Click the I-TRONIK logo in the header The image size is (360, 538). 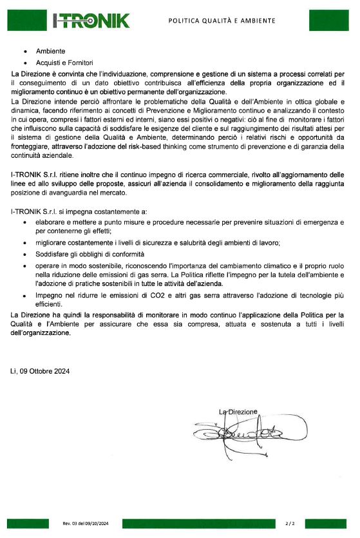pyautogui.click(x=90, y=21)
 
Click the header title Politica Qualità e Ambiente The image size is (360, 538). pyautogui.click(x=222, y=21)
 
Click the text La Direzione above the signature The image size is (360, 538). pyautogui.click(x=238, y=411)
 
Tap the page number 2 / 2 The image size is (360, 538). pyautogui.click(x=290, y=523)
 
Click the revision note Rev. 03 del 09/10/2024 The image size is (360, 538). pyautogui.click(x=86, y=523)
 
